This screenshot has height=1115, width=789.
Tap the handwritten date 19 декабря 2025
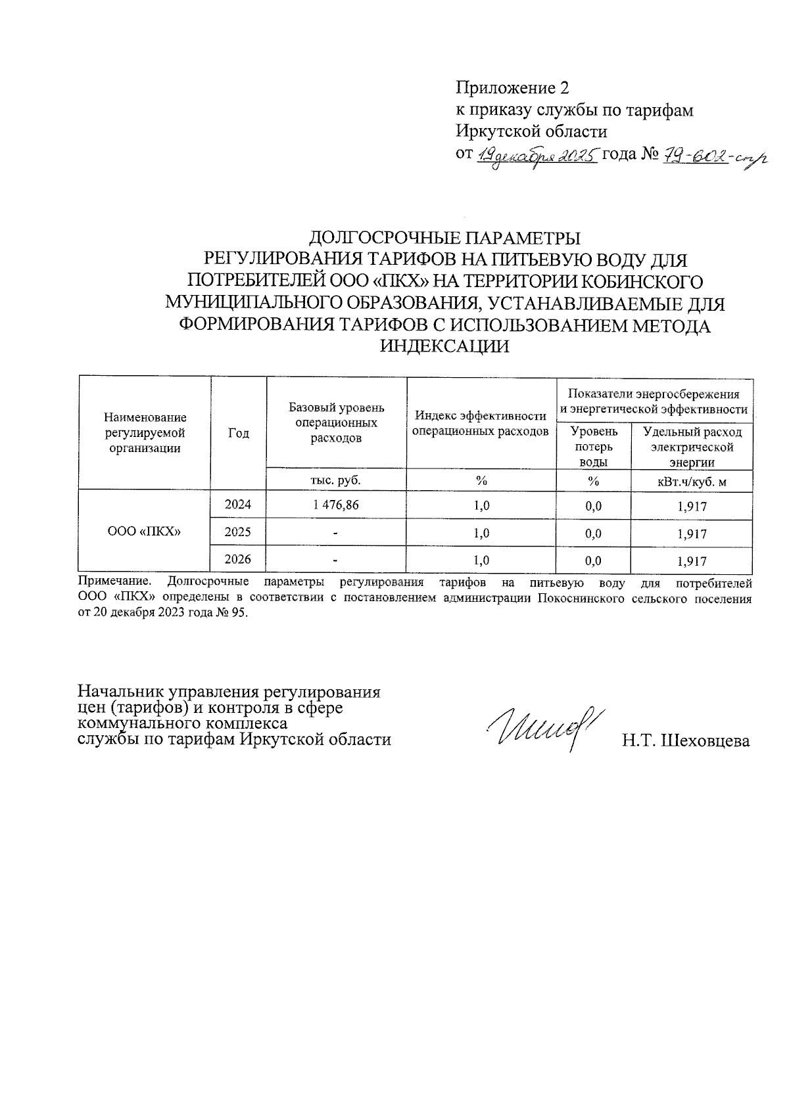[x=537, y=155]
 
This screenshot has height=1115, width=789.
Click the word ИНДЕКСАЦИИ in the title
[x=445, y=347]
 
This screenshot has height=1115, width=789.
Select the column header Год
[x=238, y=433]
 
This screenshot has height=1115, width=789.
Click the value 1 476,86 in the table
[x=336, y=505]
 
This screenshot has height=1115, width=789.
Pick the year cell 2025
[x=237, y=532]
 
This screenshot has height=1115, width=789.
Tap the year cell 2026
[x=237, y=560]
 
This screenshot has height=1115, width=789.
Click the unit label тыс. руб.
[x=335, y=480]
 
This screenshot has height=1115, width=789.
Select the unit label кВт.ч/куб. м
[x=691, y=482]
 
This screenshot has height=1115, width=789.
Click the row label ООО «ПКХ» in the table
[x=144, y=532]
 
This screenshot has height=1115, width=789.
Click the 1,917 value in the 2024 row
[x=692, y=507]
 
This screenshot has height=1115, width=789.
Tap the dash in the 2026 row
[x=335, y=560]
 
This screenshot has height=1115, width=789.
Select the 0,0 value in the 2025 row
[x=593, y=534]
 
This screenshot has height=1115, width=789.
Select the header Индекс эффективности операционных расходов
[x=481, y=424]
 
